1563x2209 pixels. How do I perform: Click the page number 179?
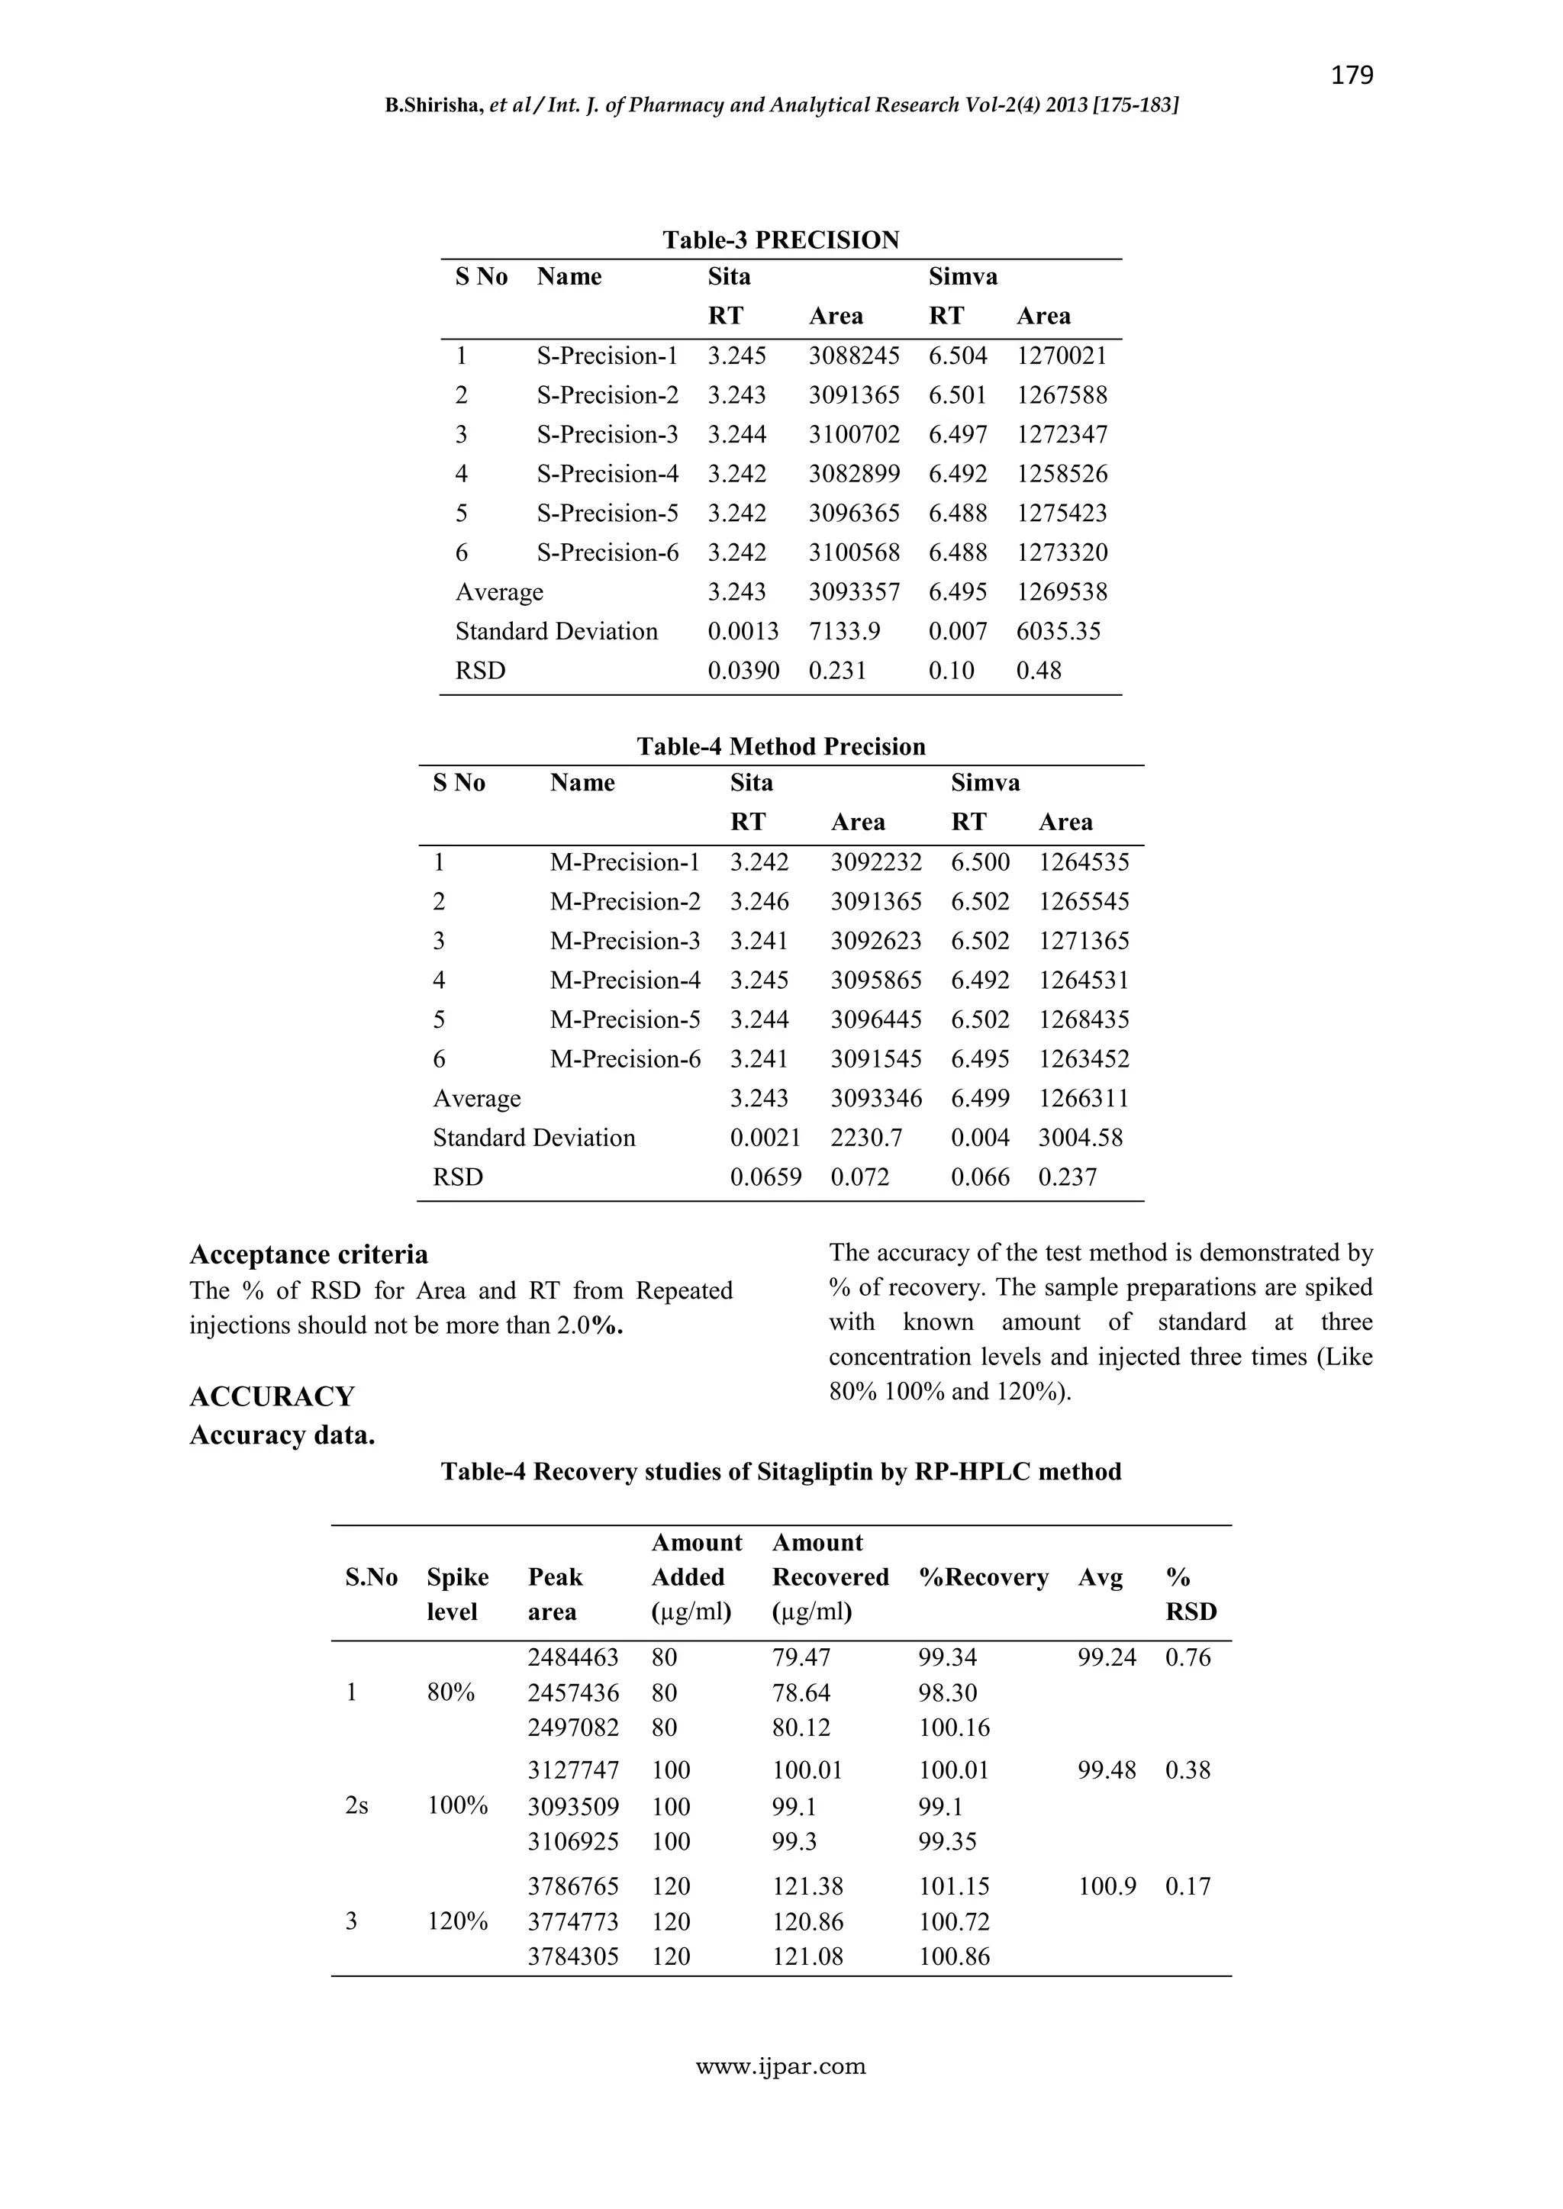point(1352,75)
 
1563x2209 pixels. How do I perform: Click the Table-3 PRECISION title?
point(781,240)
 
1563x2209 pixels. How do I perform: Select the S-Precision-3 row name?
point(607,435)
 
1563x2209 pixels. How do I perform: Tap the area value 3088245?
point(854,356)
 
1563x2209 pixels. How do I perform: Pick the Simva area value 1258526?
point(1062,475)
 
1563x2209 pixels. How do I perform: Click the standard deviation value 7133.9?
point(844,632)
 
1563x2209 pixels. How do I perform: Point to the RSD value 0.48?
point(1039,671)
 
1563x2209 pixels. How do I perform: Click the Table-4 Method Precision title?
point(781,746)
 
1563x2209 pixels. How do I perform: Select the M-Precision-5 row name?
point(624,1020)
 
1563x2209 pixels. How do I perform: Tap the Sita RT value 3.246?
point(759,903)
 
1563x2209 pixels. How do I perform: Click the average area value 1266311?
point(1084,1099)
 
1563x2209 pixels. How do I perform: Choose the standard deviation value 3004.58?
point(1080,1138)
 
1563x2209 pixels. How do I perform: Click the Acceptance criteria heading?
point(309,1254)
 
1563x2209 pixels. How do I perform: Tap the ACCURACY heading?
point(272,1396)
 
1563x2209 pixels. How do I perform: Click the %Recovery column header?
point(983,1577)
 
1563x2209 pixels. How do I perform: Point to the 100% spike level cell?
point(457,1806)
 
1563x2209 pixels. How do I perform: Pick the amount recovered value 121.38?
point(807,1887)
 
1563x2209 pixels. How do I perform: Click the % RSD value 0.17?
point(1188,1887)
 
